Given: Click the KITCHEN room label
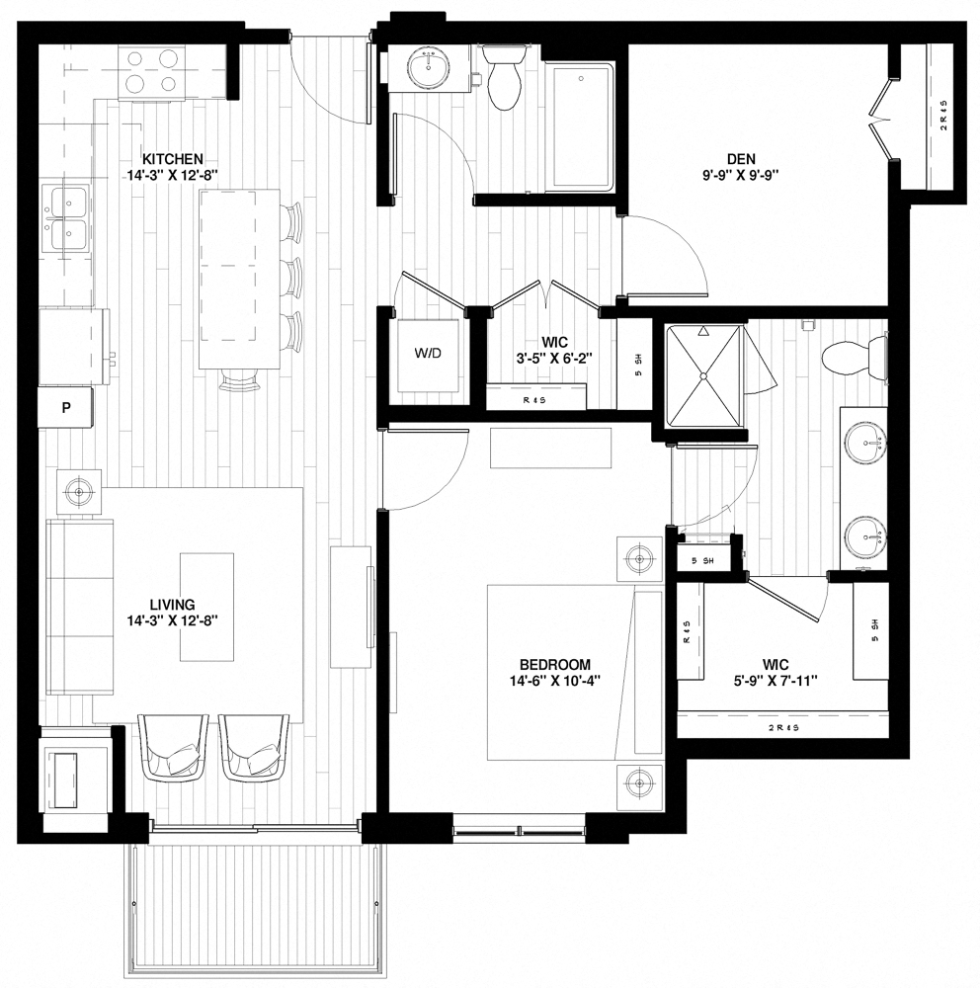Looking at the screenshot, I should (x=173, y=158).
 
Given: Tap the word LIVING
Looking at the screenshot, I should (x=173, y=605).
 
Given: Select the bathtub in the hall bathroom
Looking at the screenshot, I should (x=581, y=125).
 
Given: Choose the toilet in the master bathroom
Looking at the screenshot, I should (x=850, y=355).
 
